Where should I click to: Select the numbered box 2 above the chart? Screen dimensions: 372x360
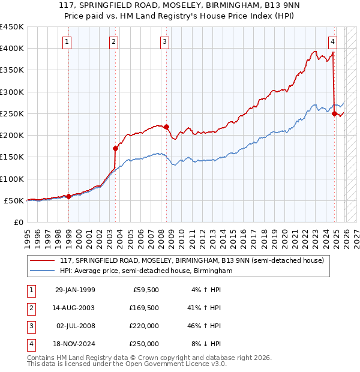point(113,41)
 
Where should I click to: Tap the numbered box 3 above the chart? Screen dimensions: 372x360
point(164,41)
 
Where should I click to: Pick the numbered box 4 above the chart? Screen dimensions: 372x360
point(332,41)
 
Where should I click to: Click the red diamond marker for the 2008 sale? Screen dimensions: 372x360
point(166,127)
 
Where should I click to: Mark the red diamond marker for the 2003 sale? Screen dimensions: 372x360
point(116,148)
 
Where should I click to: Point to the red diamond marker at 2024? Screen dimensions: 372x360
point(335,113)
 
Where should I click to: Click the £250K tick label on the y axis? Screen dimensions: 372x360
point(12,113)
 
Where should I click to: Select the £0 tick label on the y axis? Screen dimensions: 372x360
point(18,222)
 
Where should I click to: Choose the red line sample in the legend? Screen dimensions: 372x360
point(43,260)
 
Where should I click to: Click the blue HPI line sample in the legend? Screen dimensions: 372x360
point(43,271)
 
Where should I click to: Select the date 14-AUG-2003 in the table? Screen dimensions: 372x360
point(74,308)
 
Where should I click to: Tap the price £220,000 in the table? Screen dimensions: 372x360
point(144,326)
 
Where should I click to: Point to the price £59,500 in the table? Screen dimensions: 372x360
point(146,290)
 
